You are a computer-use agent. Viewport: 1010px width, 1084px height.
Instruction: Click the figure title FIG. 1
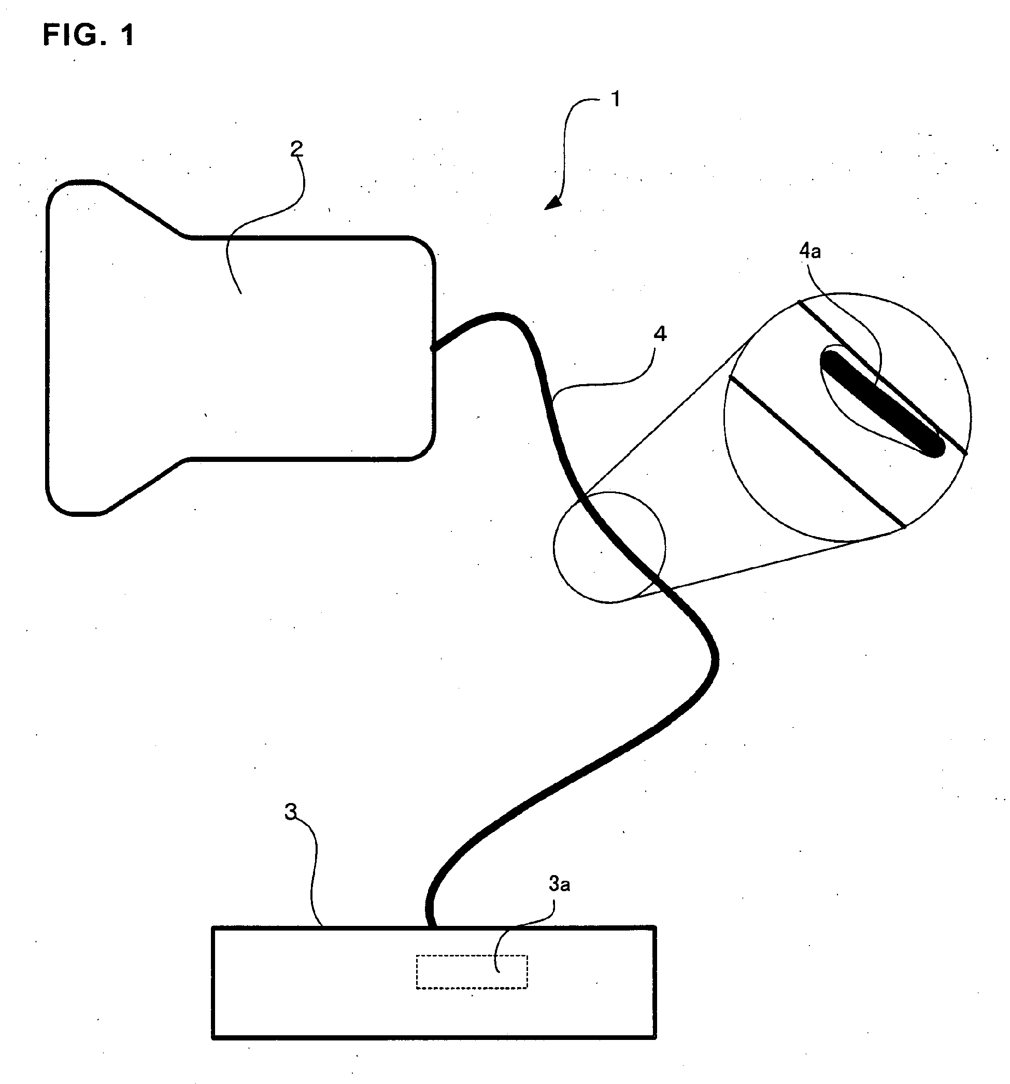[88, 35]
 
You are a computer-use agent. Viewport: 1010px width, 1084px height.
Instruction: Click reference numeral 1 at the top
[615, 99]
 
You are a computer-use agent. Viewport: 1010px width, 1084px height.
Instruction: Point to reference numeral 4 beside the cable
[660, 334]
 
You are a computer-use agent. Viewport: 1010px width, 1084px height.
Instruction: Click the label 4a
[810, 251]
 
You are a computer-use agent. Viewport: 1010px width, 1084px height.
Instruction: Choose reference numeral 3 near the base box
[291, 812]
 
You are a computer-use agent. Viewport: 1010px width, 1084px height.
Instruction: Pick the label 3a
[559, 884]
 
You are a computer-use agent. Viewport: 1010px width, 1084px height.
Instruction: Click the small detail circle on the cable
[609, 547]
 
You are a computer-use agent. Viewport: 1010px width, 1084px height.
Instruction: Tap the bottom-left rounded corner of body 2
[58, 504]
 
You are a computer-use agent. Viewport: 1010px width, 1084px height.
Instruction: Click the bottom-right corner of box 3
[655, 1038]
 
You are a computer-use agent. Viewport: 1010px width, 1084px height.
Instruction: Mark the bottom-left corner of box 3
[213, 1038]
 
